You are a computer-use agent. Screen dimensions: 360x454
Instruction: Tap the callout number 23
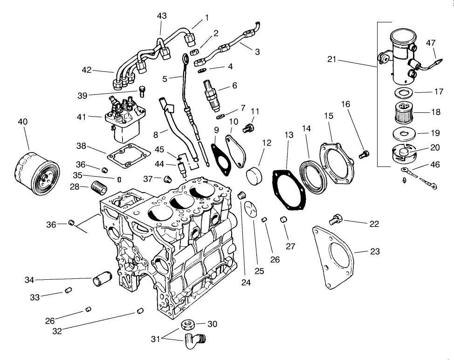374,252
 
